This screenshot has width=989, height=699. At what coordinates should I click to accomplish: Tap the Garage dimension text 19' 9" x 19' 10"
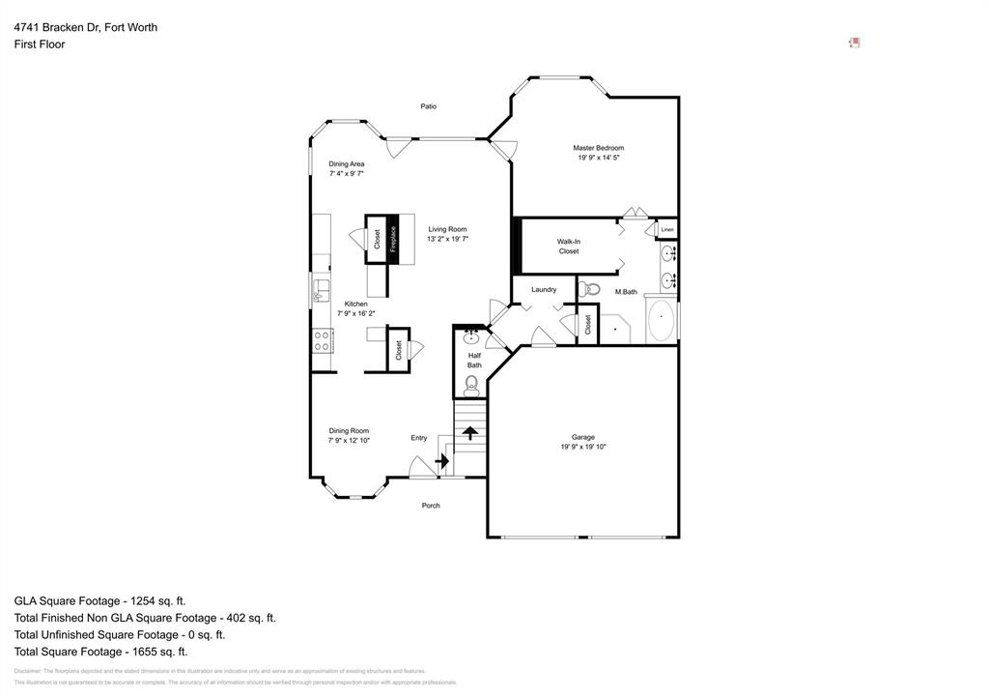pos(582,447)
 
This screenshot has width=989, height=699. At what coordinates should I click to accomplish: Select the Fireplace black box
pos(393,239)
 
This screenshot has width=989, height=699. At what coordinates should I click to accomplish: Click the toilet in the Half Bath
pos(471,386)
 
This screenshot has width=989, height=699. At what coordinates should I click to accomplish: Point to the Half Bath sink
pos(471,337)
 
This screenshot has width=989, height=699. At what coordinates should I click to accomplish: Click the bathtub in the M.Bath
pos(661,321)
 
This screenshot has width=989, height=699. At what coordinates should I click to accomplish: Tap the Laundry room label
pos(544,289)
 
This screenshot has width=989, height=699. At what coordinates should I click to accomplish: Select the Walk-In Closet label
pos(568,246)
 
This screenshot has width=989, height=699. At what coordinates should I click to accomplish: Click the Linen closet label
pos(667,229)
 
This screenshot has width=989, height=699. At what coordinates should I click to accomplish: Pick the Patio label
pos(429,106)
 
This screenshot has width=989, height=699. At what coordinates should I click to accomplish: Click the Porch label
pos(431,506)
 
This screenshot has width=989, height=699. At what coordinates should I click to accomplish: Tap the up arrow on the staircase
pos(469,434)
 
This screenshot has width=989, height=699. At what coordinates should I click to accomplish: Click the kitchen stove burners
pos(323,339)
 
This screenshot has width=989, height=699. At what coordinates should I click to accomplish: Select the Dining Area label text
pos(346,163)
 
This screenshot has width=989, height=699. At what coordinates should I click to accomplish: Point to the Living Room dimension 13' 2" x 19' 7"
pos(447,238)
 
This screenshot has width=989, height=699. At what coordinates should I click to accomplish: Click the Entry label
pos(418,438)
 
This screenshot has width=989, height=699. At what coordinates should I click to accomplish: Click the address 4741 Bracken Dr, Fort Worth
pos(86,27)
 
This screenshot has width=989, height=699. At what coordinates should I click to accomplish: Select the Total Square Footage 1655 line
pos(100,652)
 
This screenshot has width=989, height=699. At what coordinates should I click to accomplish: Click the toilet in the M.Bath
pos(591,288)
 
